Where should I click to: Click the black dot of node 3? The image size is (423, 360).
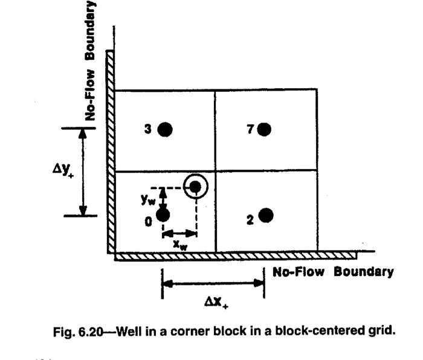click(x=166, y=129)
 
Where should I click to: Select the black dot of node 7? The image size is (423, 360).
click(x=264, y=129)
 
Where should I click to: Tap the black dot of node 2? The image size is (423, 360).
click(x=266, y=216)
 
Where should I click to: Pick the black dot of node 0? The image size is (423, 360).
click(x=163, y=214)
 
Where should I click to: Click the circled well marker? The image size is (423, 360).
click(x=195, y=187)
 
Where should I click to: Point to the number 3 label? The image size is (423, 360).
click(x=147, y=129)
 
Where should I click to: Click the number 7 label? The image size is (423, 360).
click(x=250, y=129)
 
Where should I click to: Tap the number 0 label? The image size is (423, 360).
click(x=148, y=222)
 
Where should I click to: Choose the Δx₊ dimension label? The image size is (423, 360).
click(x=212, y=302)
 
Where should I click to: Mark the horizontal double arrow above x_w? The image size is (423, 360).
click(x=180, y=233)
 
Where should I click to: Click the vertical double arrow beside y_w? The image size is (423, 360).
click(x=162, y=198)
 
